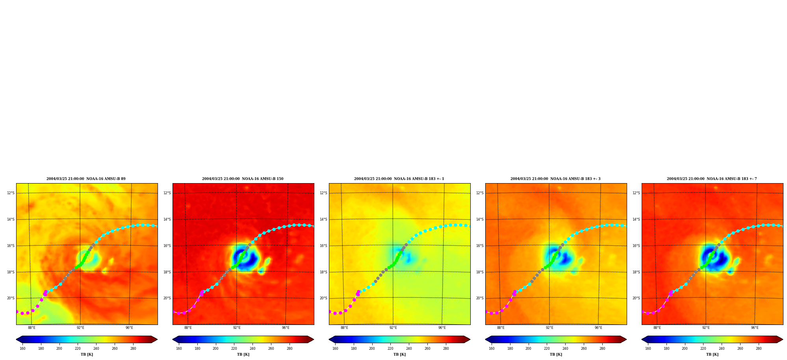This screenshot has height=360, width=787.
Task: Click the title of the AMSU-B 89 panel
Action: click(x=86, y=179)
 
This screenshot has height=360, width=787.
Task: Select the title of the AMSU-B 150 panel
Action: click(x=243, y=179)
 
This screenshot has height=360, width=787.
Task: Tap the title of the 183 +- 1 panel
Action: click(x=399, y=179)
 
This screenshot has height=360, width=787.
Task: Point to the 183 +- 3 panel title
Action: click(x=555, y=179)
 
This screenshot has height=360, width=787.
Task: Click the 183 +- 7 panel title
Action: click(x=712, y=179)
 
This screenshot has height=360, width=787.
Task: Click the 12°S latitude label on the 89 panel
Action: click(x=11, y=193)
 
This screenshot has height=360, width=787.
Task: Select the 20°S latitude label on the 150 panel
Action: click(x=167, y=298)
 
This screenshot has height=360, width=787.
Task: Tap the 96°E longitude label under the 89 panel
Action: click(x=129, y=328)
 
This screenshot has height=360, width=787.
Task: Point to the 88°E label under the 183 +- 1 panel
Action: click(x=344, y=328)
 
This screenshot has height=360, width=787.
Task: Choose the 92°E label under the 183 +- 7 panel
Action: click(x=706, y=328)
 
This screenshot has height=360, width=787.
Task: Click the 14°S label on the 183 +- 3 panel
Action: click(x=480, y=219)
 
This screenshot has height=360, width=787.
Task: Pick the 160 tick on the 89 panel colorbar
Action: click(x=22, y=348)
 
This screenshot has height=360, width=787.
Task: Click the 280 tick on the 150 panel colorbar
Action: click(x=290, y=348)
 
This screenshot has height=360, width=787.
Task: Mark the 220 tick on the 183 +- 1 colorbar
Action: click(x=390, y=348)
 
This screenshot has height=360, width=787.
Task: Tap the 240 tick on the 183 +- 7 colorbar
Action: click(x=722, y=348)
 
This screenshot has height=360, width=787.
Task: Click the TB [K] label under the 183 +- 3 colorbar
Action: click(x=556, y=354)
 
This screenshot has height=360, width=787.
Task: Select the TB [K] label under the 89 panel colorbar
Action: click(x=87, y=354)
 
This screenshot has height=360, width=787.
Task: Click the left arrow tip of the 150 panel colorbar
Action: click(x=173, y=340)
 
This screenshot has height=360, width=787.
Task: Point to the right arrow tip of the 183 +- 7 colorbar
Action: click(x=783, y=340)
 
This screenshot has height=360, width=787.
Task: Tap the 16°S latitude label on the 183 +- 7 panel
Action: click(x=636, y=246)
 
